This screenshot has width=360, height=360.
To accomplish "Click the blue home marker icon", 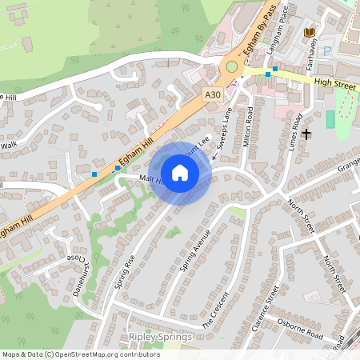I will pos(180,172).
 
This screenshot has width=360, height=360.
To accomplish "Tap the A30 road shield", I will pos(212,94).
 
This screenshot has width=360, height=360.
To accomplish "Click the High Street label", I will pos(334,82).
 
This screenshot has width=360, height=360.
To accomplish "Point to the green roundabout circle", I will pos(232,67).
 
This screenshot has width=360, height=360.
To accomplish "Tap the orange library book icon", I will pos(310,32).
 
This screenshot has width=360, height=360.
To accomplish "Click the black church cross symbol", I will pos(306,134).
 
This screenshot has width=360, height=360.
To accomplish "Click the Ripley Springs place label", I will pos(160,337).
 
